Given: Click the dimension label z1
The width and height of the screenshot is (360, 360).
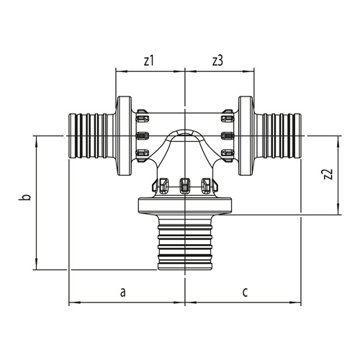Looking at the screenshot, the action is (148, 61).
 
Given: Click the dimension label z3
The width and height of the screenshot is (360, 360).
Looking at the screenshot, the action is (217, 61).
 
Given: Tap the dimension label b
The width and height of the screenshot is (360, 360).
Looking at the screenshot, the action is (27, 197).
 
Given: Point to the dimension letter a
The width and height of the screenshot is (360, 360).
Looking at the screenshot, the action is (123, 292).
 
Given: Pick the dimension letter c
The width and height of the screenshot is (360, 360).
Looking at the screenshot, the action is (245, 292).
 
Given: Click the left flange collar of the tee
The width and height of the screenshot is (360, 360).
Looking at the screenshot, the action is (124, 136).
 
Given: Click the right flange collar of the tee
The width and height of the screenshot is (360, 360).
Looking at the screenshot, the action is (246, 136).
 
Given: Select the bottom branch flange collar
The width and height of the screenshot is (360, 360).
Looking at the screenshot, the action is (185, 205).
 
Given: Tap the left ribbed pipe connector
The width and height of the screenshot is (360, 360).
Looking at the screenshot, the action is (92, 136).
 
